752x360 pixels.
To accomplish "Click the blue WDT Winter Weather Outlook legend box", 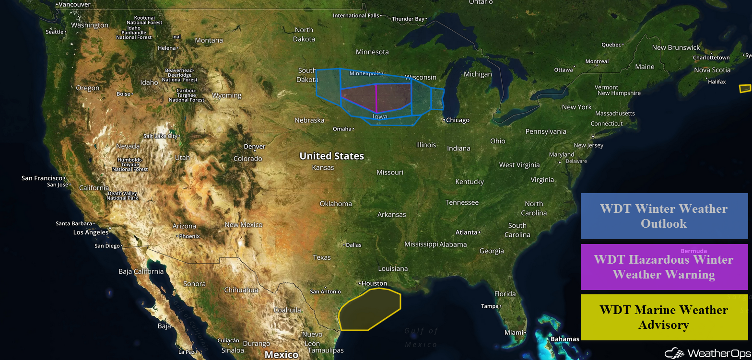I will [664, 216].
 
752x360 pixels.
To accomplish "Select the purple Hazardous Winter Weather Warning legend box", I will [664, 267].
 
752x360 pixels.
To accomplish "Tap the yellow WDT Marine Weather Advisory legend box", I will [664, 317].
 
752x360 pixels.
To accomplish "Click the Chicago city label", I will [458, 120].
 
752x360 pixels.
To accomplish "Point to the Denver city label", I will [254, 146].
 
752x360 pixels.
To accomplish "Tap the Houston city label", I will [374, 283].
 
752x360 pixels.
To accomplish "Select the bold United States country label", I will [331, 156].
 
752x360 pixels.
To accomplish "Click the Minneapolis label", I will [365, 73].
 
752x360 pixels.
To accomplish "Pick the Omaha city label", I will [342, 128].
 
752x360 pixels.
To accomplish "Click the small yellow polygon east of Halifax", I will [745, 88].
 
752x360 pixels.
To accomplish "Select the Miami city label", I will [514, 332].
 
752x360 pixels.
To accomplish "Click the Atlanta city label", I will [466, 232].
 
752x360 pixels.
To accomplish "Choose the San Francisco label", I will [42, 178].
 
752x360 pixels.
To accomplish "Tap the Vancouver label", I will [74, 4].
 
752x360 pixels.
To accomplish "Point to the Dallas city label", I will [353, 245].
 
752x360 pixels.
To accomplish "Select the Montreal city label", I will [597, 61].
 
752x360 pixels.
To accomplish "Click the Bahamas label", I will [565, 339].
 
